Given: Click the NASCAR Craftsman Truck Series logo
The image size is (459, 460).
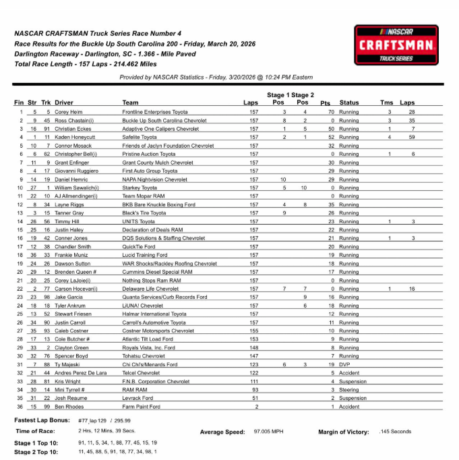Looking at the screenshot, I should click(395, 45).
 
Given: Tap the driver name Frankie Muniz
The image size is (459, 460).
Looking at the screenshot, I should click(71, 255).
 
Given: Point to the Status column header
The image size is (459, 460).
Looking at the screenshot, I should click(349, 103).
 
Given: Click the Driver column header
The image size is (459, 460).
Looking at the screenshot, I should click(64, 103).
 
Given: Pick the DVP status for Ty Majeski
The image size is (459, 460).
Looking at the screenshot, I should click(344, 365).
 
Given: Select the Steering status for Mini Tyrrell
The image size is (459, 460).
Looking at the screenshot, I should click(349, 390).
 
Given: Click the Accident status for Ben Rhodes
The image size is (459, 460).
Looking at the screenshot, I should click(349, 407).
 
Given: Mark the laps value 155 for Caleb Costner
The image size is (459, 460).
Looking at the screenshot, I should click(253, 331).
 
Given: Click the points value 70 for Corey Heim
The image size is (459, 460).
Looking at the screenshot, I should click(331, 111).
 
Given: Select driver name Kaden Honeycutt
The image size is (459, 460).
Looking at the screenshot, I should click(73, 137).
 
